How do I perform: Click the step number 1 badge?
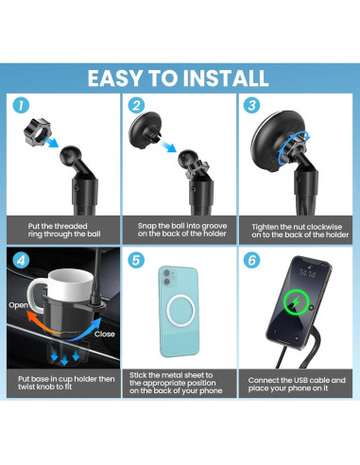(21, 105)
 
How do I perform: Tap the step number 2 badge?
(136, 105)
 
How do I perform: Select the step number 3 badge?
(251, 105)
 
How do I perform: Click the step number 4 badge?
(21, 260)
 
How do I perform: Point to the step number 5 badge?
(136, 260)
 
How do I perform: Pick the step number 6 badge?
(251, 260)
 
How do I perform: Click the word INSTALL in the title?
(225, 78)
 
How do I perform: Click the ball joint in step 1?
(71, 154)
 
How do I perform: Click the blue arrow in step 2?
(168, 146)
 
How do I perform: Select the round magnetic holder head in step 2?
(145, 129)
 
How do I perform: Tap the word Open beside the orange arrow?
(18, 305)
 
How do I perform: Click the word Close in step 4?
(105, 334)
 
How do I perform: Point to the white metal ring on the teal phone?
(180, 311)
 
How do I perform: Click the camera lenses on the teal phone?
(167, 277)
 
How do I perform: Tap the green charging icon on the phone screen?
(296, 302)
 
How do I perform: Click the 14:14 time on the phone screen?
(307, 273)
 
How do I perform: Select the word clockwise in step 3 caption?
(324, 227)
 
